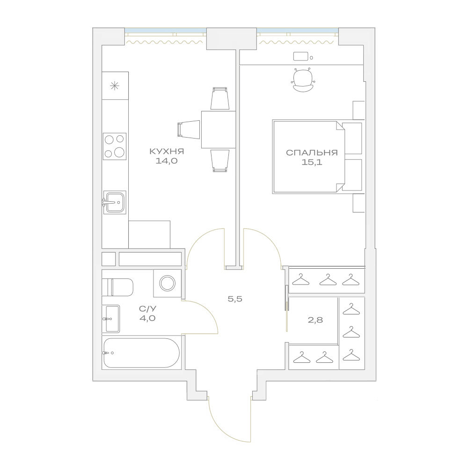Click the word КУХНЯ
(167, 152)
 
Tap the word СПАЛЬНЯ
(312, 153)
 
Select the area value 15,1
(312, 162)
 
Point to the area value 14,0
(167, 161)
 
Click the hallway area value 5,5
(235, 299)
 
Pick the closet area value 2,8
(315, 320)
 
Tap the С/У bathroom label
(147, 308)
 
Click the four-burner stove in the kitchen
(115, 146)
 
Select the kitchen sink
(115, 202)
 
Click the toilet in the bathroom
(117, 287)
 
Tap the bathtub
(142, 353)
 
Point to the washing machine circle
(168, 283)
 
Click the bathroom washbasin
(111, 319)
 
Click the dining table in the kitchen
(219, 130)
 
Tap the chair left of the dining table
(189, 130)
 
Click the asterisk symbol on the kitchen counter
(115, 86)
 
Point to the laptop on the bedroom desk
(301, 57)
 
